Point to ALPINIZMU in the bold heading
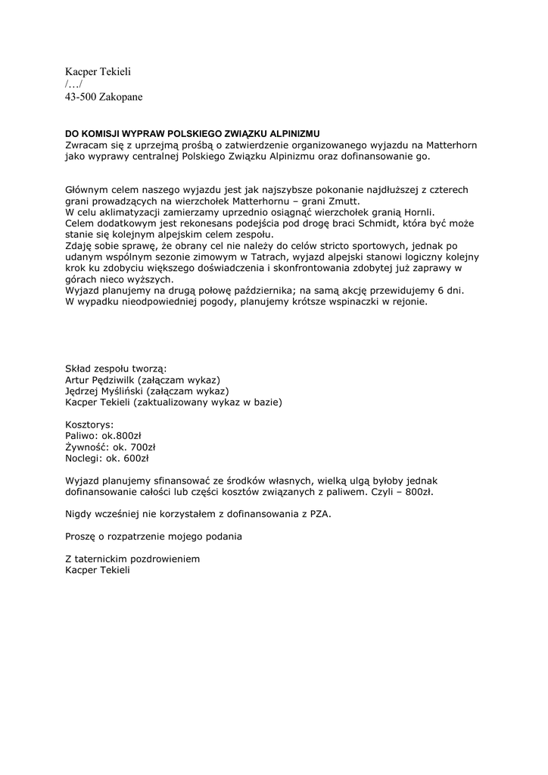(x=295, y=133)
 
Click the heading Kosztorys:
(x=90, y=425)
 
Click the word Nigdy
(x=79, y=514)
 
